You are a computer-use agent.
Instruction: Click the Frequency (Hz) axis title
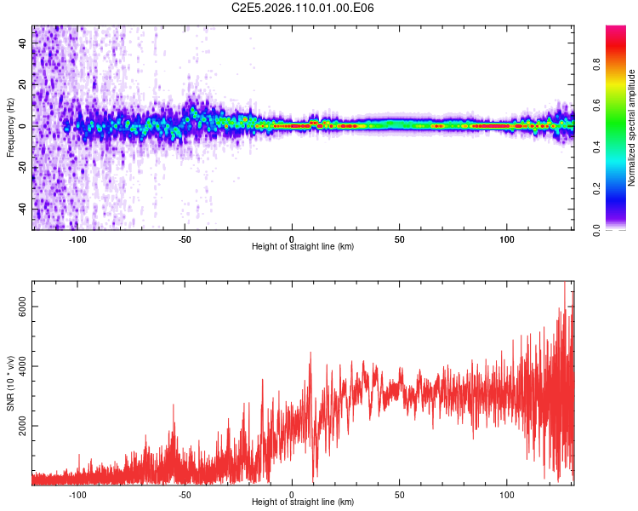click(x=10, y=127)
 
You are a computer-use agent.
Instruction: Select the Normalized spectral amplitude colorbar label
click(x=632, y=127)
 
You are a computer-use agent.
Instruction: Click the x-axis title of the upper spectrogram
click(x=303, y=247)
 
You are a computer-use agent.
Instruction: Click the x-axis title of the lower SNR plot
click(x=303, y=502)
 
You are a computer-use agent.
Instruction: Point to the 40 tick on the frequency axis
click(x=23, y=43)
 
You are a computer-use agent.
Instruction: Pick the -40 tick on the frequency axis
click(x=23, y=209)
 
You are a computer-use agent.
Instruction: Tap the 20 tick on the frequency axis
click(x=23, y=84)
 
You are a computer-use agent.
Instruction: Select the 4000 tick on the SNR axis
click(x=23, y=366)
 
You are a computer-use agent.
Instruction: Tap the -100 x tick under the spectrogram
click(x=77, y=238)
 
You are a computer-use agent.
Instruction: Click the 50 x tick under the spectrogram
click(x=400, y=238)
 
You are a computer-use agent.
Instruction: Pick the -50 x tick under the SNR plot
click(x=185, y=493)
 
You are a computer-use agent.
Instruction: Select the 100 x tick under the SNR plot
click(x=508, y=493)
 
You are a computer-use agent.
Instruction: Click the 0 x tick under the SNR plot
click(x=293, y=493)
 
